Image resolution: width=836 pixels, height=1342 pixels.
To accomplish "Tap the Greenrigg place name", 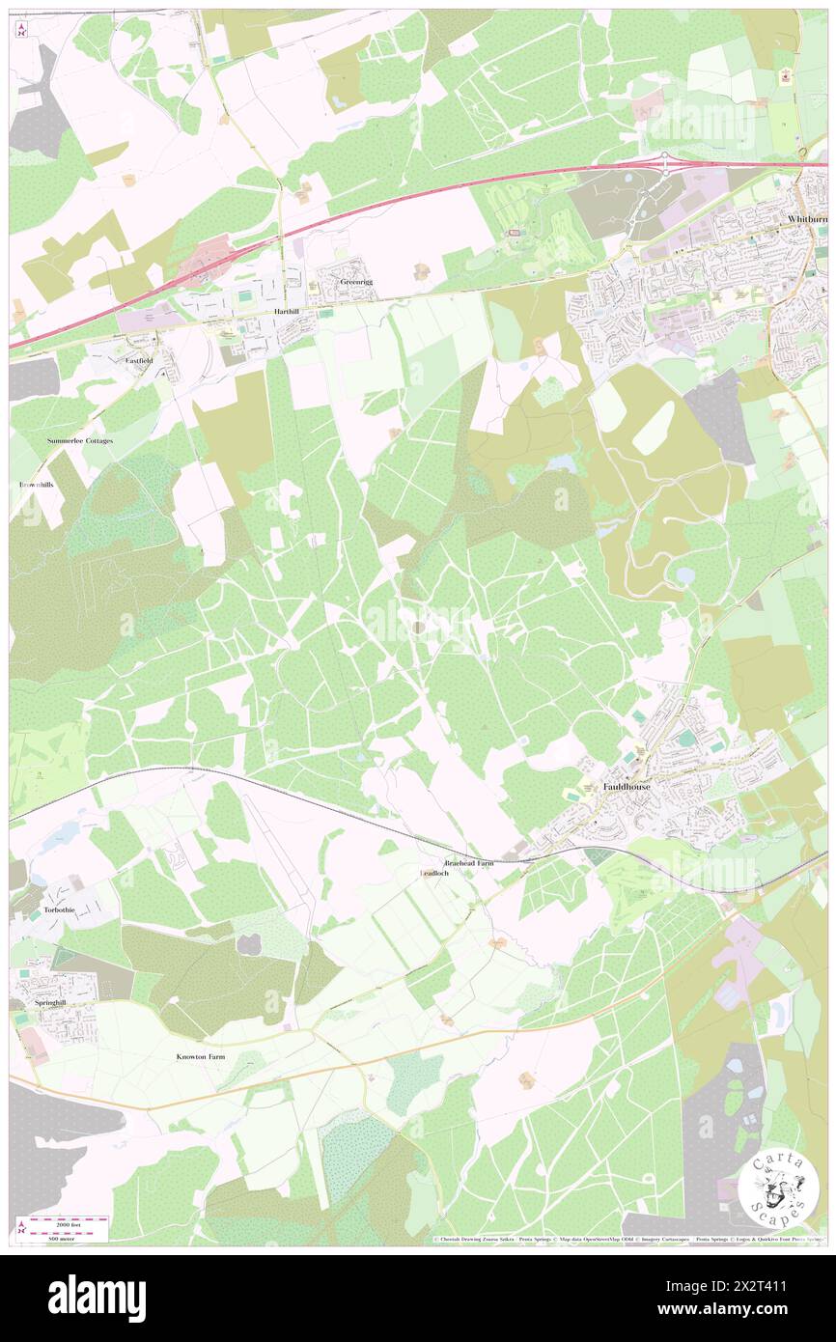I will [355, 282].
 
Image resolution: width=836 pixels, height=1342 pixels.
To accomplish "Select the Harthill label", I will [289, 313].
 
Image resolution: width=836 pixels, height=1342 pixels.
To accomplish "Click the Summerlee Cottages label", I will [80, 440].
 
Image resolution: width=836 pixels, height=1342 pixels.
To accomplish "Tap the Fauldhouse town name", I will [627, 787].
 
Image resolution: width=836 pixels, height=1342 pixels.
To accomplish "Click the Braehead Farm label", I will [468, 862].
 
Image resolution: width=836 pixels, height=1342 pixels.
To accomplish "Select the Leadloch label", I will [434, 873].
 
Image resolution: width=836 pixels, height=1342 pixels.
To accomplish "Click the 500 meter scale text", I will [68, 1236].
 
